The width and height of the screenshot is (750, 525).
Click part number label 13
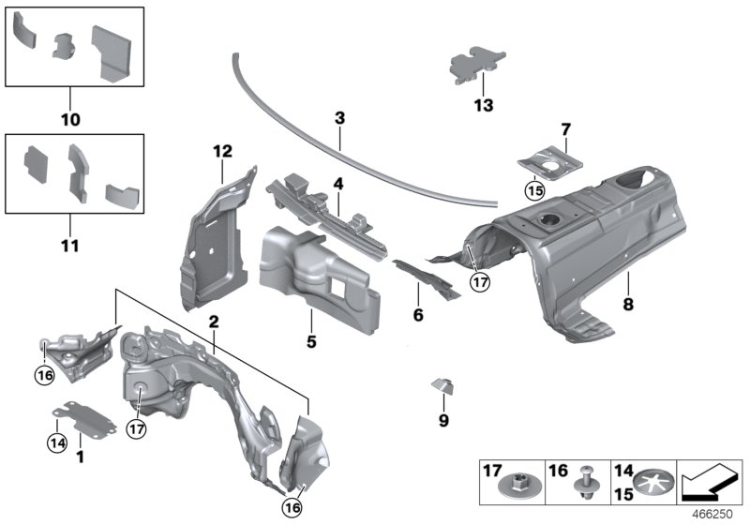click(x=483, y=105)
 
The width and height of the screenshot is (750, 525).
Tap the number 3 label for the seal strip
click(x=340, y=119)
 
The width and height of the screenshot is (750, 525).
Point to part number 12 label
click(x=221, y=151)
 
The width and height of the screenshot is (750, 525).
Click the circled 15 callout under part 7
click(x=534, y=191)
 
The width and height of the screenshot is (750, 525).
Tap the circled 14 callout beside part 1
click(x=58, y=442)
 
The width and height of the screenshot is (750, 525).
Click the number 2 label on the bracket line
click(x=214, y=322)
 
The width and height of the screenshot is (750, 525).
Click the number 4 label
click(x=338, y=184)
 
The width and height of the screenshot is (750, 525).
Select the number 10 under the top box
click(x=70, y=120)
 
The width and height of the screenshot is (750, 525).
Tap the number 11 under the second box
click(x=70, y=247)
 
